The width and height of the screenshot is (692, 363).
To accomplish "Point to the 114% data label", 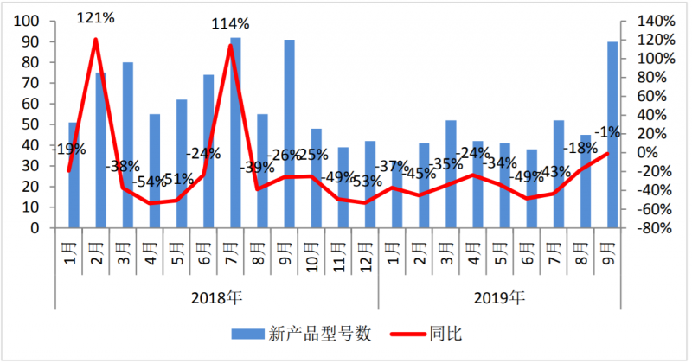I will pyautogui.click(x=231, y=23).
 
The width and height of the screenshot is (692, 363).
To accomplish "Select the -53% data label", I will pyautogui.click(x=366, y=181).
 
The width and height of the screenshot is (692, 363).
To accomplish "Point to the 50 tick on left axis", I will pyautogui.click(x=32, y=124).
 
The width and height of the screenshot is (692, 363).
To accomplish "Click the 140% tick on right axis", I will pyautogui.click(x=657, y=21).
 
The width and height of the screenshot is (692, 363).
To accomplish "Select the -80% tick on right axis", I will pyautogui.click(x=656, y=229).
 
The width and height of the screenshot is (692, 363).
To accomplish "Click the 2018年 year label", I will pyautogui.click(x=217, y=298).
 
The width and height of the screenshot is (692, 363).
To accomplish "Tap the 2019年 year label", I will pyautogui.click(x=499, y=298).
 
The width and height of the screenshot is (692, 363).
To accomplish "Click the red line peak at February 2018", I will pyautogui.click(x=95, y=39).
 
